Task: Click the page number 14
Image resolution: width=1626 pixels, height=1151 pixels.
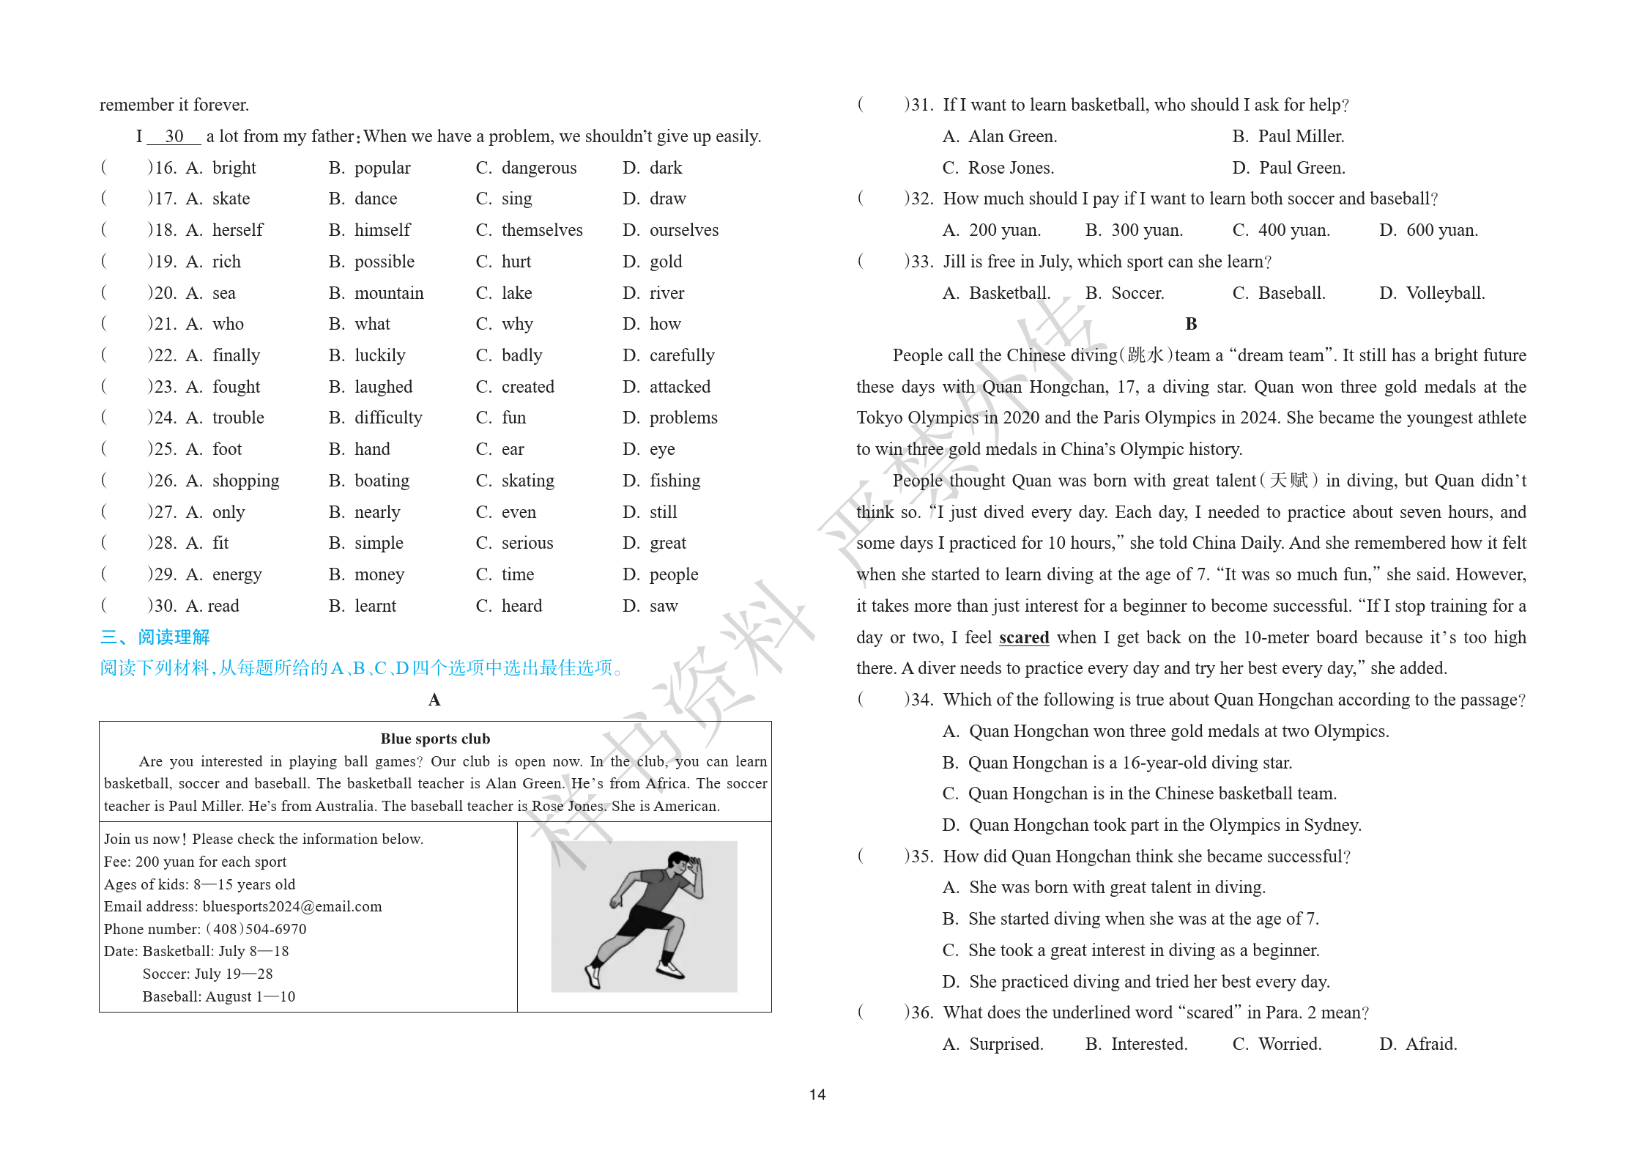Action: click(817, 1094)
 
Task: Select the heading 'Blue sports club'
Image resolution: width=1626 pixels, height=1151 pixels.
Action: click(435, 739)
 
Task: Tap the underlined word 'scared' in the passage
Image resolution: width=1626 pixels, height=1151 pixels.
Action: click(1024, 637)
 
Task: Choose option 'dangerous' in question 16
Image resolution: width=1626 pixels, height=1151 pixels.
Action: click(538, 168)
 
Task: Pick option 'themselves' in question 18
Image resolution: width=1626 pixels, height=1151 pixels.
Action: click(541, 230)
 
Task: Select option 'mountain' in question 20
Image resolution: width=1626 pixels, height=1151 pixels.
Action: click(388, 293)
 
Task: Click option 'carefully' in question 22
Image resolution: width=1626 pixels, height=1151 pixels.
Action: click(681, 355)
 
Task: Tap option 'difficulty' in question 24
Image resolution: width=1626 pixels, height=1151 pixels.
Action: click(387, 418)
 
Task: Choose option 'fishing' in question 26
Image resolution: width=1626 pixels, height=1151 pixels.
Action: click(674, 481)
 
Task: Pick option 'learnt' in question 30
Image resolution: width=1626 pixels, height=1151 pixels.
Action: click(375, 606)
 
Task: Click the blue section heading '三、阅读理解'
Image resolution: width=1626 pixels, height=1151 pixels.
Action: click(155, 637)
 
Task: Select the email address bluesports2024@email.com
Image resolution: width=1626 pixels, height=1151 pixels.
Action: click(292, 906)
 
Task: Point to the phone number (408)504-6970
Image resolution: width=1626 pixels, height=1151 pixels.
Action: click(256, 929)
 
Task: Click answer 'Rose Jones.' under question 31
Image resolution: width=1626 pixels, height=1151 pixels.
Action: click(1011, 168)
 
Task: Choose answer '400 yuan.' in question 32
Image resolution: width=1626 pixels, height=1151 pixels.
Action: click(1293, 230)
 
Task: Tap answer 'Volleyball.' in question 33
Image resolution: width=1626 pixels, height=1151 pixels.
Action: click(1444, 293)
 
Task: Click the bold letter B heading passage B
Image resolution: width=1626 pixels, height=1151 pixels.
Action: click(1191, 324)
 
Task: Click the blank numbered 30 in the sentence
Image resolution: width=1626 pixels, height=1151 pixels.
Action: click(174, 136)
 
